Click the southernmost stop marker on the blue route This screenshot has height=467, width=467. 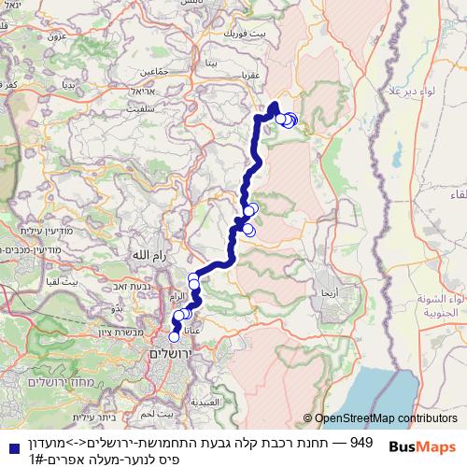174,337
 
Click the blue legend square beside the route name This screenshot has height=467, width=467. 11,449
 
